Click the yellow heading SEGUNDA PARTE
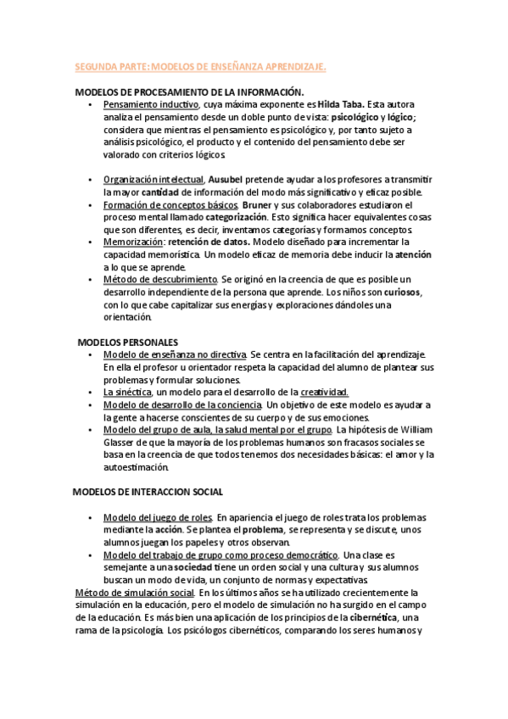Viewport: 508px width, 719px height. pos(200,65)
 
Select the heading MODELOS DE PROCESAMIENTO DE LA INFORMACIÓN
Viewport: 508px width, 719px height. pos(190,92)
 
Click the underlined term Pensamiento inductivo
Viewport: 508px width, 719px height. pos(151,104)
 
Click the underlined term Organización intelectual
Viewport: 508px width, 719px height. pos(154,180)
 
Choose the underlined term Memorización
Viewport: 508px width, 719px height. pos(132,242)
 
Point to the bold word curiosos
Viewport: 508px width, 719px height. pos(399,293)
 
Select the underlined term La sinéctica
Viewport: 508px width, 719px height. pos(127,392)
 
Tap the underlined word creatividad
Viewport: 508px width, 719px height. pos(324,392)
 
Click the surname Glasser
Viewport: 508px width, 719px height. pos(121,443)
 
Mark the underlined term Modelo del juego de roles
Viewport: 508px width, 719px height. pos(157,517)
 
